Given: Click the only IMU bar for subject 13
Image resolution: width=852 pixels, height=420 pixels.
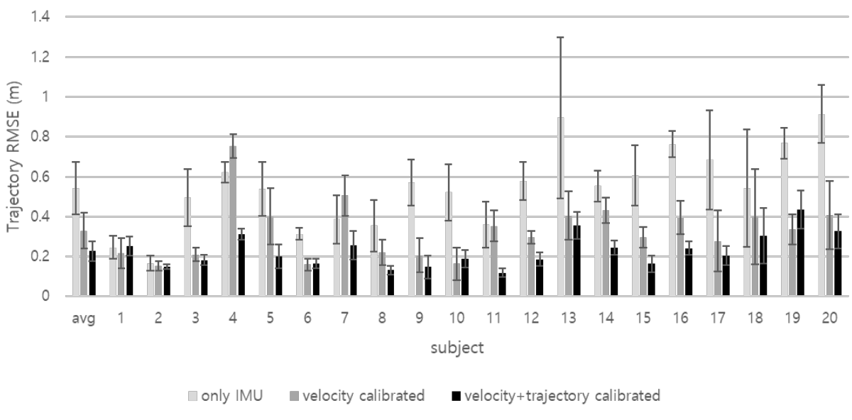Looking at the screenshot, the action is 560,206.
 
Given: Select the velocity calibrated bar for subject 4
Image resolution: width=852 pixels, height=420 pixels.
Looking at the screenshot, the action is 233,221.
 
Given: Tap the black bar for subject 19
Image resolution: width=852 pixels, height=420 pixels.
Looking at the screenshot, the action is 800,253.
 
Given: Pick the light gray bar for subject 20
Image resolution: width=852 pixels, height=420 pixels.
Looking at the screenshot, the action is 821,205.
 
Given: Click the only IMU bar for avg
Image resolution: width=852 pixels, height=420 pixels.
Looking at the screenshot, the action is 76,242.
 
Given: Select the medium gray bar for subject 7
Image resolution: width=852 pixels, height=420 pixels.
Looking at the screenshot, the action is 344,245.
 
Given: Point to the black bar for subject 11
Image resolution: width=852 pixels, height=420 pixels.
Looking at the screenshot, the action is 502,284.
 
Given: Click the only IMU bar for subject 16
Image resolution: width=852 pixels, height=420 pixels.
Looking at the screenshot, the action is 672,220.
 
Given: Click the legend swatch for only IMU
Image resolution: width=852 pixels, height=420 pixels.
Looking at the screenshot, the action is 192,396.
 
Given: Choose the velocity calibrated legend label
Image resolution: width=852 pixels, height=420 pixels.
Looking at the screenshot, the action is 364,396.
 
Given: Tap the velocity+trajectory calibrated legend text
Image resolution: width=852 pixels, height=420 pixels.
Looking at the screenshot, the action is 562,396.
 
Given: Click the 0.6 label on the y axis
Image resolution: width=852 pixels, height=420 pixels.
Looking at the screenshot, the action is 40,177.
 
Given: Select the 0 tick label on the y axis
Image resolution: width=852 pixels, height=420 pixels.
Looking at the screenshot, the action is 45,296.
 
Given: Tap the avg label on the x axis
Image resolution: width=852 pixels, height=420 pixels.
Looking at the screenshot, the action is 83,318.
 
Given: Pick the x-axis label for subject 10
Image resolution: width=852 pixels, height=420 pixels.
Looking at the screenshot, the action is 457,317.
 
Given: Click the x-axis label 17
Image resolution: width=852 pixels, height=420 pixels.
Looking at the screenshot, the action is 718,317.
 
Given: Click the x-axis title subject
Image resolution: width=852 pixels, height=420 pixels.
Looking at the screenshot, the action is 457,348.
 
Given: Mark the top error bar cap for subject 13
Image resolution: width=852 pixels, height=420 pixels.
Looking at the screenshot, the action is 560,38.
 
